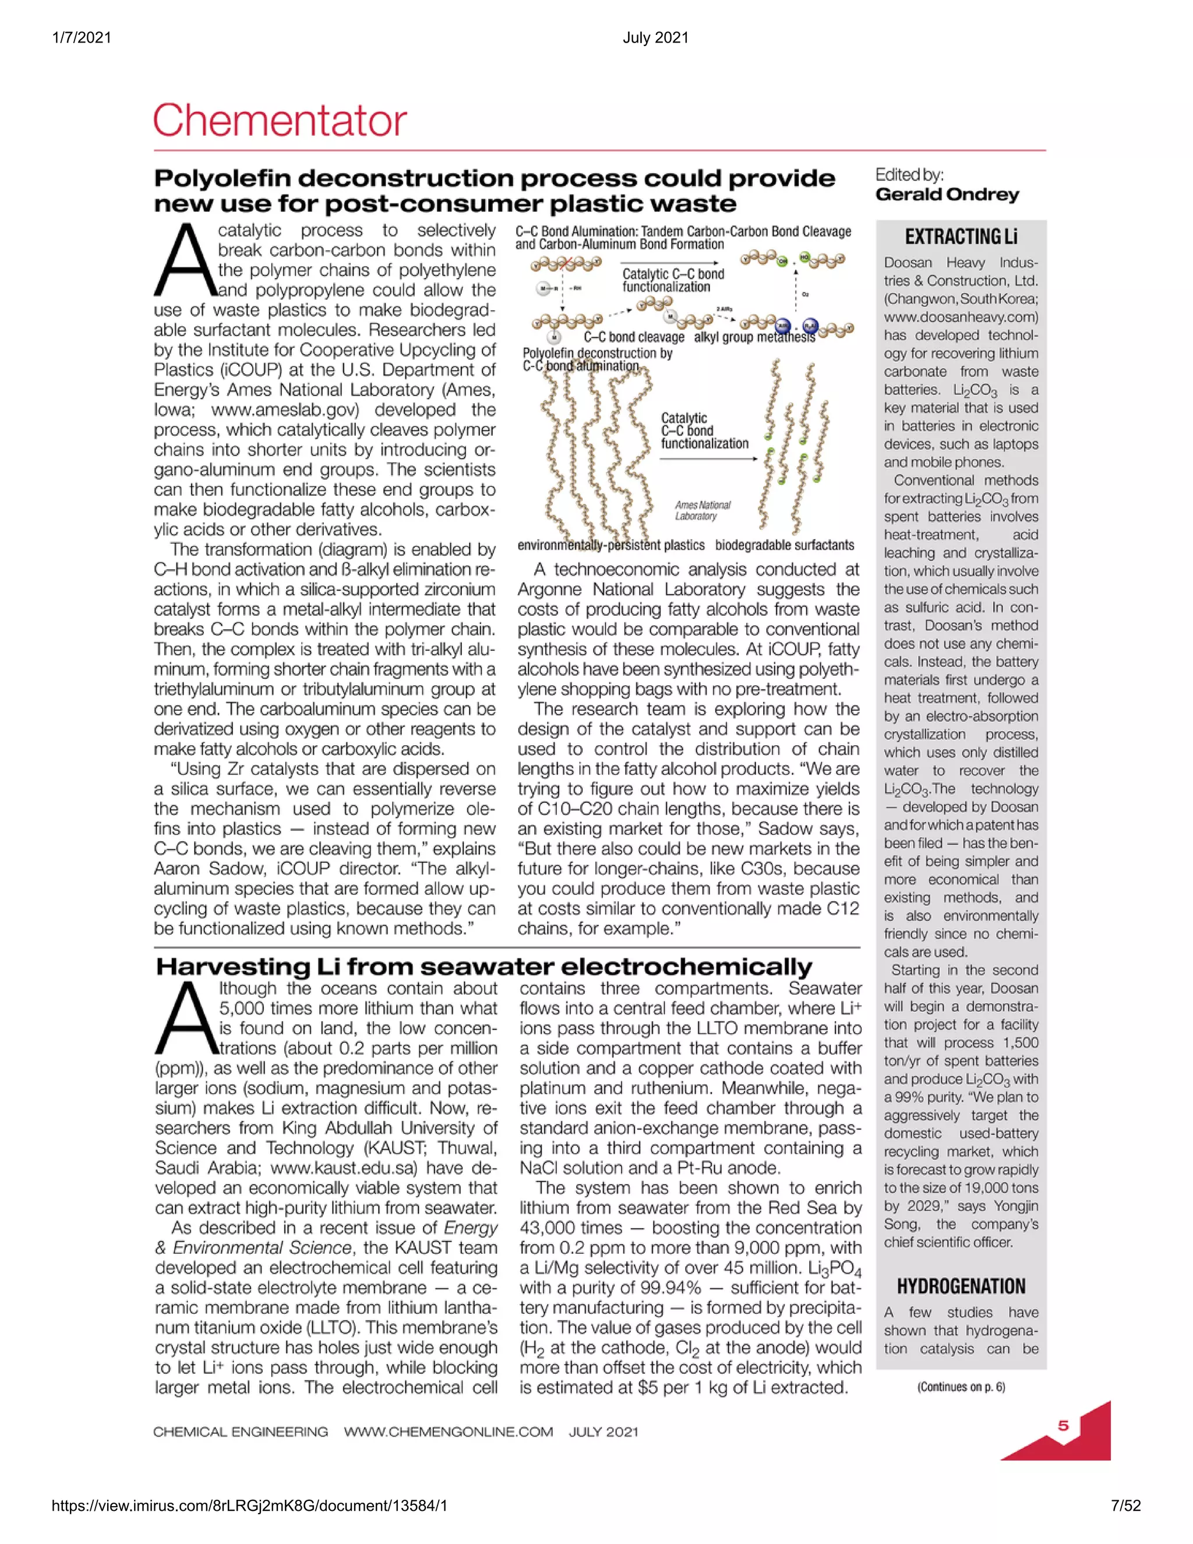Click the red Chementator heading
coord(280,120)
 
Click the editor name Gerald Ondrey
coord(947,195)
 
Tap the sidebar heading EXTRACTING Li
coord(961,236)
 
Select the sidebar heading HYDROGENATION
coord(961,1286)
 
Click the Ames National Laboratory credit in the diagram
coord(702,510)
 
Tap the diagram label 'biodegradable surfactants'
coord(785,545)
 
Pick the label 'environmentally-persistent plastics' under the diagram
coord(610,545)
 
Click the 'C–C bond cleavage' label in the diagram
coord(634,337)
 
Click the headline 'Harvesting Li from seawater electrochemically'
coord(484,965)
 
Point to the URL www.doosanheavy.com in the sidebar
coord(961,317)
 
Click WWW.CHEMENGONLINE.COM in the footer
coord(448,1432)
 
